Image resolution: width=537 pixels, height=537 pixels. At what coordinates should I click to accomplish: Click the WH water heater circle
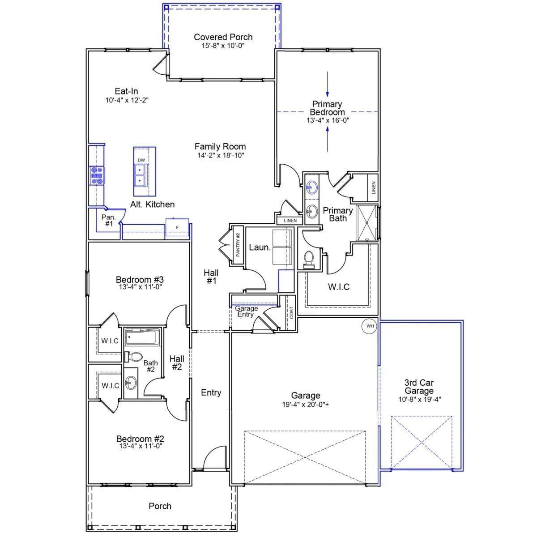pyautogui.click(x=370, y=326)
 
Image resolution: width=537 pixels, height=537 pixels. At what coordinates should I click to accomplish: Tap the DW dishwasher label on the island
pyautogui.click(x=141, y=160)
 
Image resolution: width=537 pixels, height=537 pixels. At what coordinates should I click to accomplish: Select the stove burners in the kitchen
pyautogui.click(x=97, y=175)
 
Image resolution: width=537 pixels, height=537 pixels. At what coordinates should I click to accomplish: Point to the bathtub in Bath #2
pyautogui.click(x=142, y=337)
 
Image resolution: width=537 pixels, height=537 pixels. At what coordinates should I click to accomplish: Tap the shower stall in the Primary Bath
pyautogui.click(x=367, y=223)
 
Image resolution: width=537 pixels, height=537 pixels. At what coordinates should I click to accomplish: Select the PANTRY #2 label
pyautogui.click(x=238, y=244)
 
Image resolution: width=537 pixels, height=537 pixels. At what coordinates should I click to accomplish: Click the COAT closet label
pyautogui.click(x=291, y=313)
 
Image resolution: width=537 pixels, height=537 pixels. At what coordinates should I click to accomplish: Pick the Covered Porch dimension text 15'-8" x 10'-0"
pyautogui.click(x=223, y=46)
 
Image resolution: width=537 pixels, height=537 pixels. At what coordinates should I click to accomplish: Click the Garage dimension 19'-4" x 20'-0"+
pyautogui.click(x=306, y=404)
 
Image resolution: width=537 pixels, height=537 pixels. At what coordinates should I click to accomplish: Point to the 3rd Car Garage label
pyautogui.click(x=419, y=386)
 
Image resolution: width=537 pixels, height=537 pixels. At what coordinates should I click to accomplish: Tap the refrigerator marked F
pyautogui.click(x=177, y=227)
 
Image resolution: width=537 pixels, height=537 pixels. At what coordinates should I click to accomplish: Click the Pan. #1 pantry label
pyautogui.click(x=109, y=220)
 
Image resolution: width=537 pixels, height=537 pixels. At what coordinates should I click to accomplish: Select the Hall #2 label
pyautogui.click(x=177, y=362)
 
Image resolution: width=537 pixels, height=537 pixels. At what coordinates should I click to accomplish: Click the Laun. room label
pyautogui.click(x=260, y=247)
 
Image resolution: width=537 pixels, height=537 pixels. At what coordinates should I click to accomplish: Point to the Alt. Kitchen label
pyautogui.click(x=153, y=204)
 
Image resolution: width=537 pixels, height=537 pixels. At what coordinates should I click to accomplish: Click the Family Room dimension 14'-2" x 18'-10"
pyautogui.click(x=221, y=155)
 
